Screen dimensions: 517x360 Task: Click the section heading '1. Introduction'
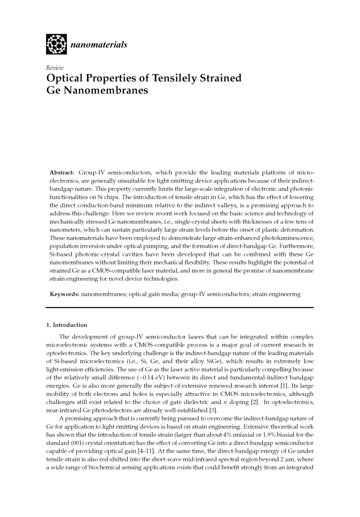[x=67, y=325]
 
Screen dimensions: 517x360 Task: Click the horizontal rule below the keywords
[x=180, y=308]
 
